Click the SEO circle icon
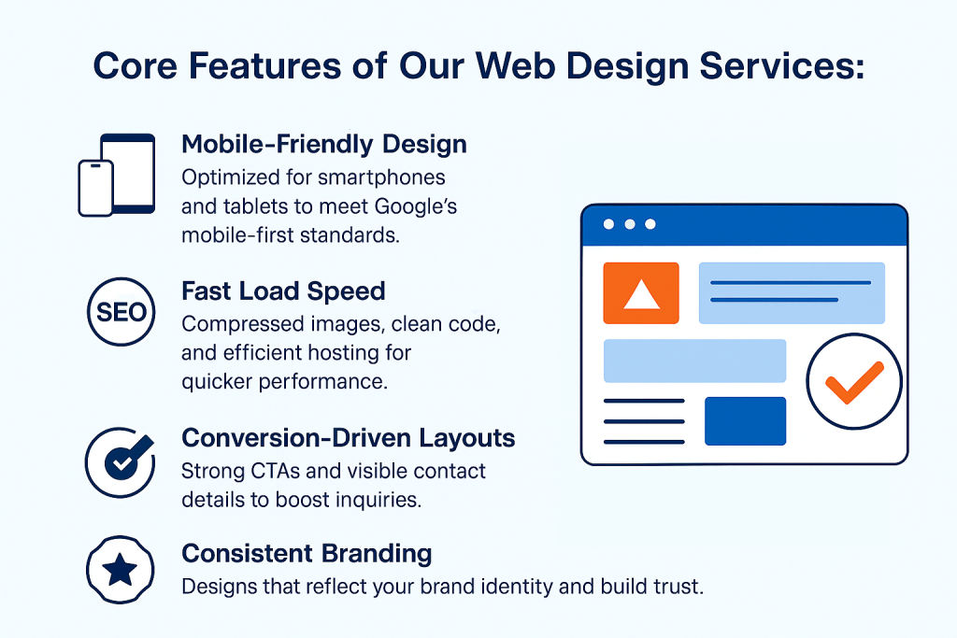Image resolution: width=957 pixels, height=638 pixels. (x=121, y=312)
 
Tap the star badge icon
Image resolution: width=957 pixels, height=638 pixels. (x=121, y=570)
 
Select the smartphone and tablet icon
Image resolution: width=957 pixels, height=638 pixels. (x=117, y=175)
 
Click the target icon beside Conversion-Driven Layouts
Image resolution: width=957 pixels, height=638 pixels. (x=121, y=461)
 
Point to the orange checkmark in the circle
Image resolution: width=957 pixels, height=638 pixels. (x=854, y=382)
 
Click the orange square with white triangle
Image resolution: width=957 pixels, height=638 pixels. (x=641, y=292)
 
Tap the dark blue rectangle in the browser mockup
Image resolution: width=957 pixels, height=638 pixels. (x=745, y=421)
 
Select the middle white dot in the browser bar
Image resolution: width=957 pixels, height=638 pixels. (x=630, y=224)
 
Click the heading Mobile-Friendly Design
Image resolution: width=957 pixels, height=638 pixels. (x=324, y=144)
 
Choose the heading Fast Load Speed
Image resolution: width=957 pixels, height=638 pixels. (x=283, y=291)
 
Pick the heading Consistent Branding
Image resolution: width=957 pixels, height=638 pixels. (x=307, y=553)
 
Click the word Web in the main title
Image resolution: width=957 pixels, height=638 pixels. (x=515, y=65)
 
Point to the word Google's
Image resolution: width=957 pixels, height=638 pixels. (x=416, y=206)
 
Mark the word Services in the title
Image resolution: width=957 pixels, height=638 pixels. (x=782, y=65)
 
